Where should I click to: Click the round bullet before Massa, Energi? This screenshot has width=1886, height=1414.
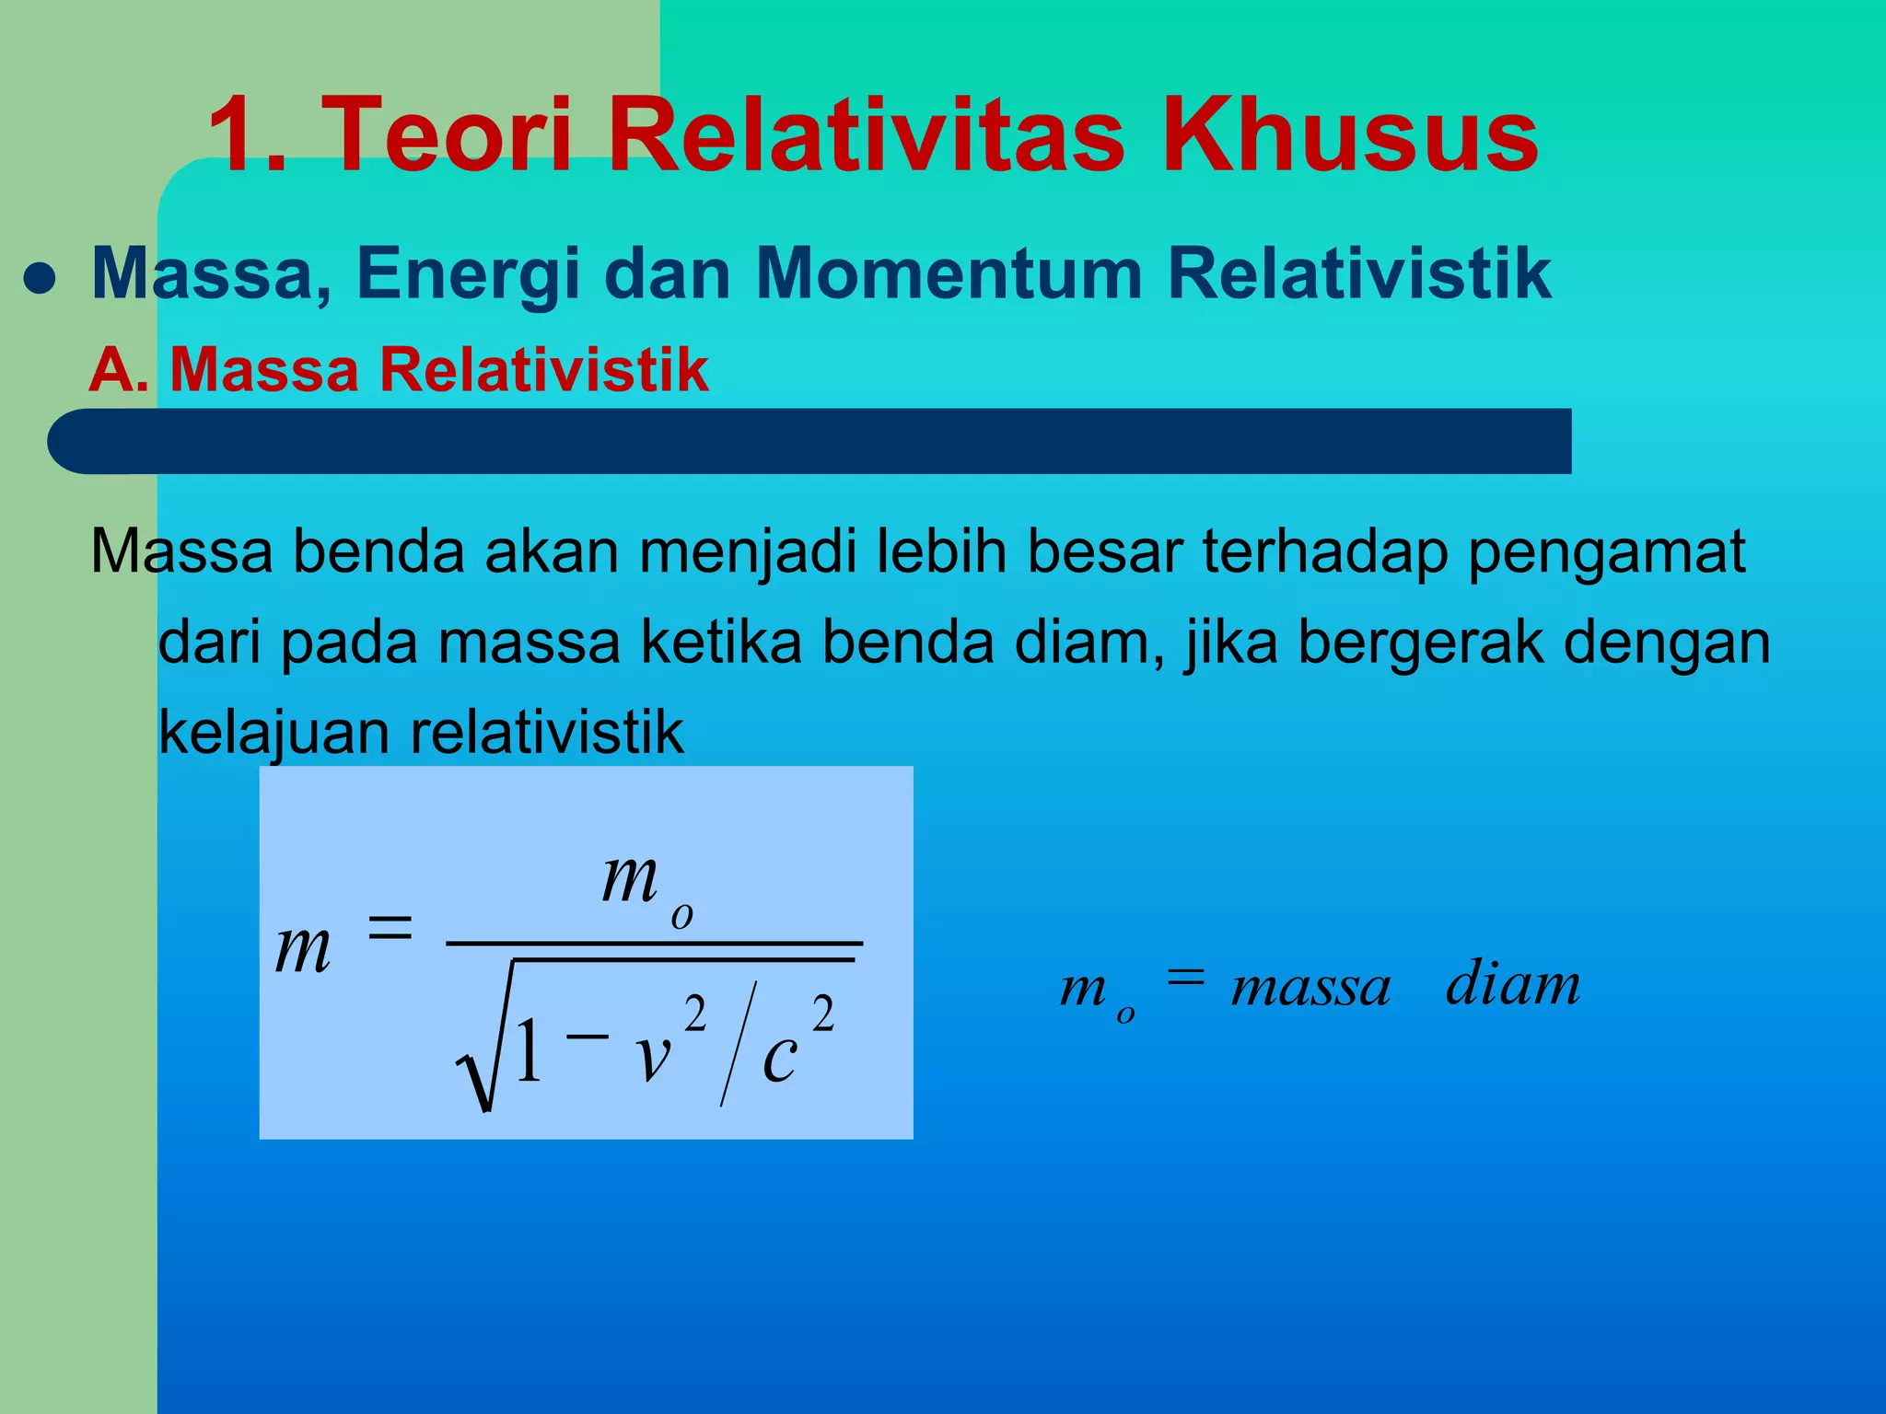40,278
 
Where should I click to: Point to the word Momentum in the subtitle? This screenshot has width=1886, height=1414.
948,273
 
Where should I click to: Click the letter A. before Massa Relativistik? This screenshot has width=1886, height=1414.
119,370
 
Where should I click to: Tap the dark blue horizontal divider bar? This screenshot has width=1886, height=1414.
809,441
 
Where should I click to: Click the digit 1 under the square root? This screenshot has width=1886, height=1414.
529,1052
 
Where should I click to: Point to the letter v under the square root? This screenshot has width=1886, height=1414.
653,1055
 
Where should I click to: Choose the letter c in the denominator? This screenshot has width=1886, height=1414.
779,1057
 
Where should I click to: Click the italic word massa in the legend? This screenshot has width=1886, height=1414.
1310,988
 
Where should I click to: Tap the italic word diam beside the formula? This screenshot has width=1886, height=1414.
1513,983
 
